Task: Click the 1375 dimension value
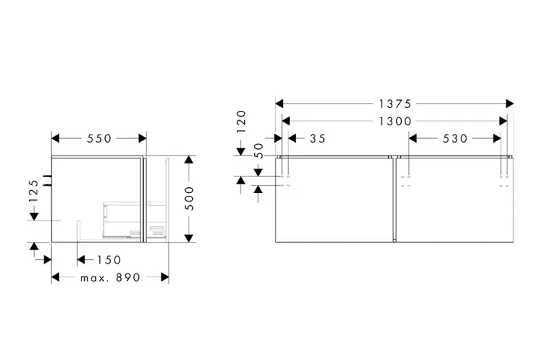click(395, 104)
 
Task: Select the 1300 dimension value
click(395, 121)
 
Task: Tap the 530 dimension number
click(455, 138)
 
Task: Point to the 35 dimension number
click(318, 138)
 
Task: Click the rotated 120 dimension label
click(241, 122)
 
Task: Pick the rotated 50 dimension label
click(258, 151)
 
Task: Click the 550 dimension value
click(99, 138)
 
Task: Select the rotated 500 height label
click(189, 199)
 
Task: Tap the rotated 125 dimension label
click(34, 191)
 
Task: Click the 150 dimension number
click(109, 260)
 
